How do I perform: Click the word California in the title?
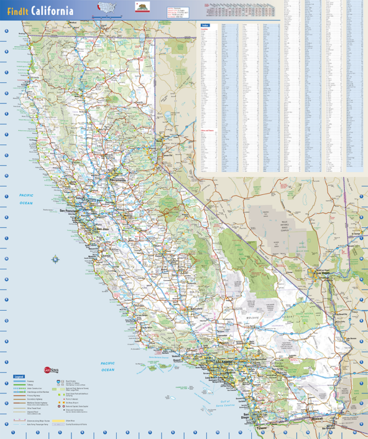(51, 11)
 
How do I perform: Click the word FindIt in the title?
(17, 11)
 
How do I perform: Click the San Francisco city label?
(71, 210)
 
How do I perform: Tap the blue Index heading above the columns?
(205, 26)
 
